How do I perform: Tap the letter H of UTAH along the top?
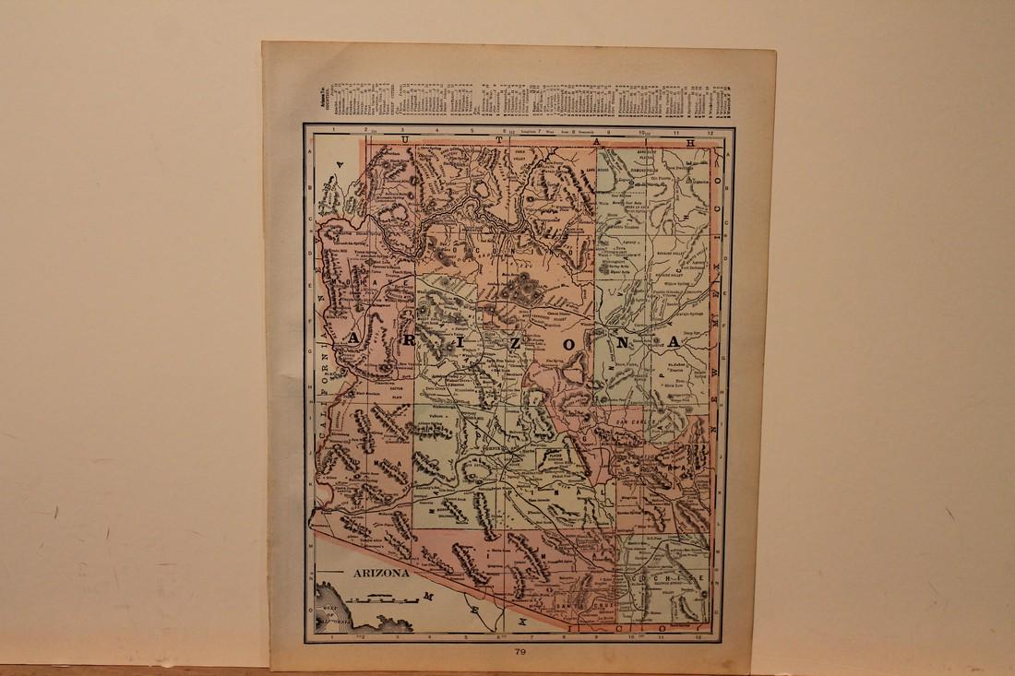(x=687, y=141)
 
